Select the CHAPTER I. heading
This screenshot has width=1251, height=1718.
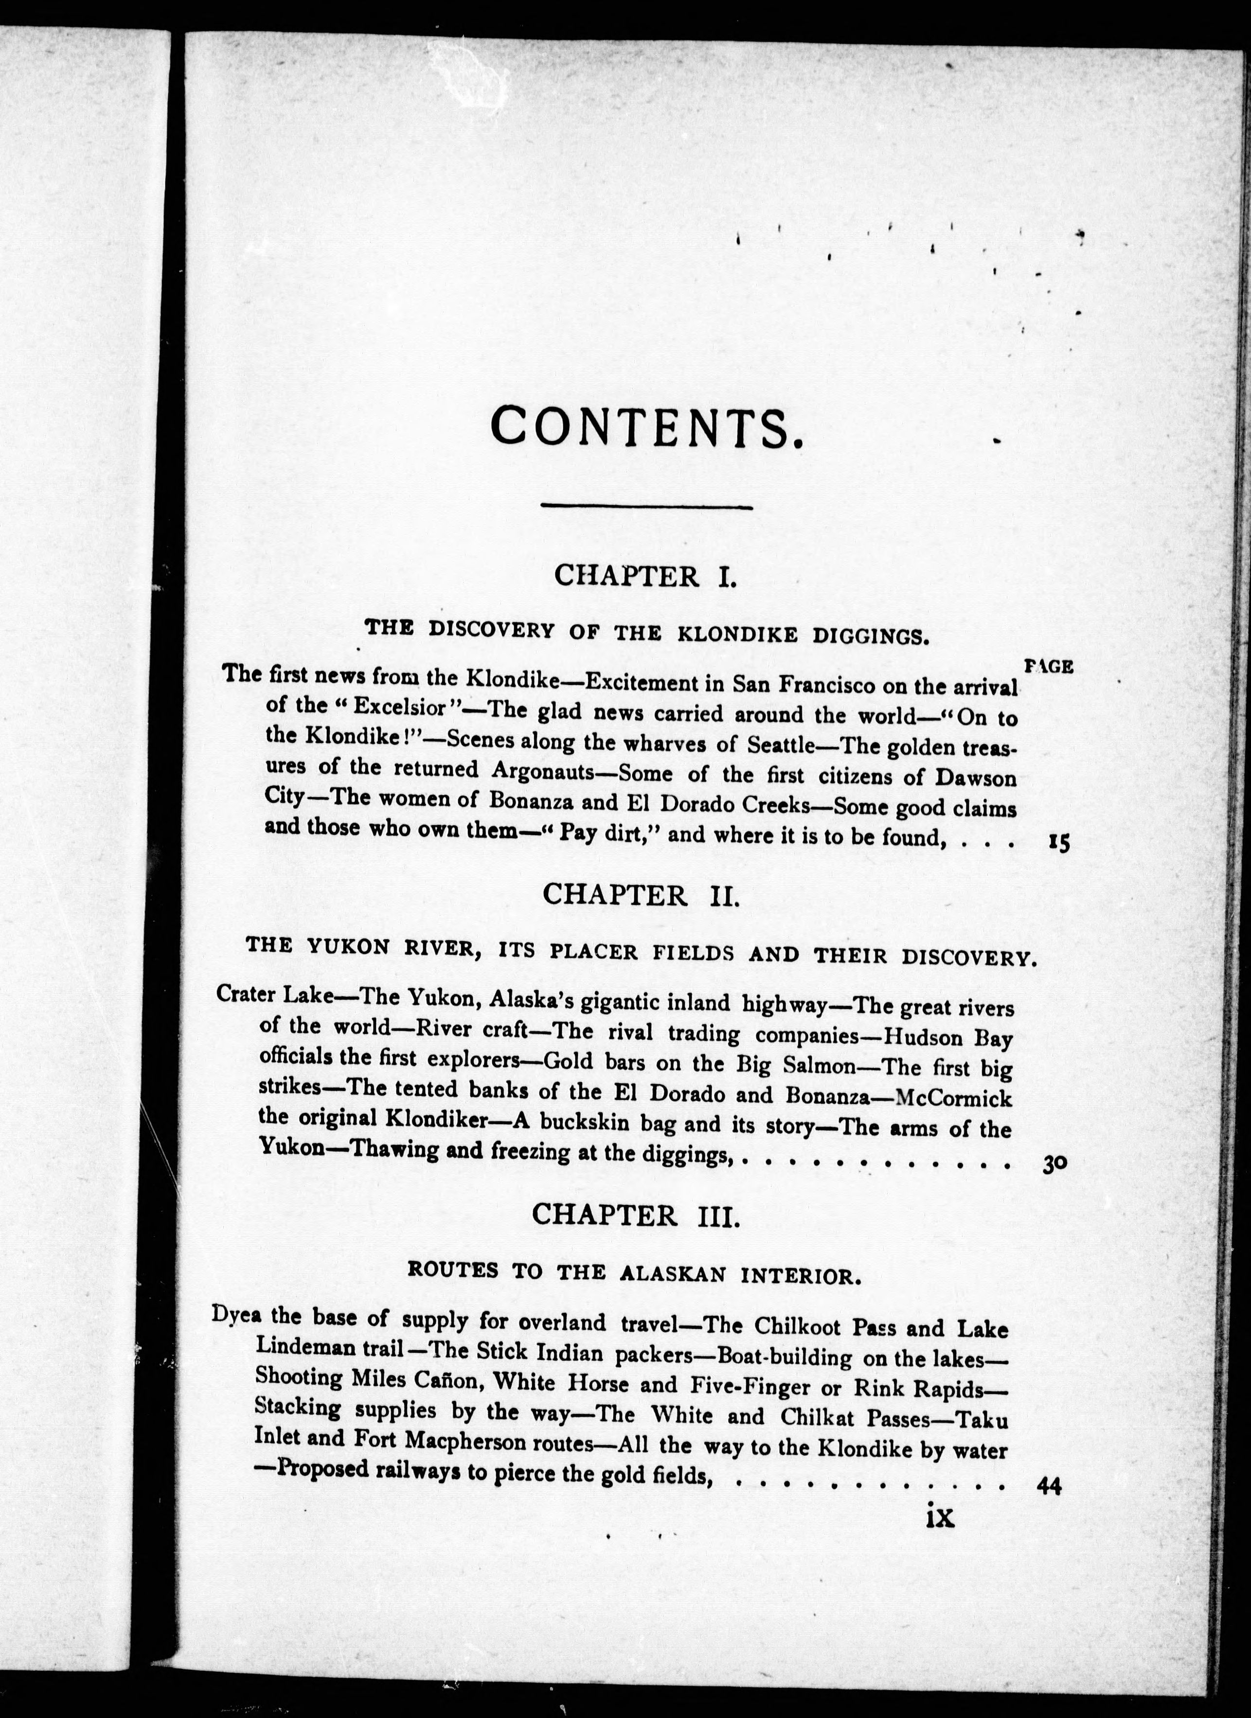click(645, 576)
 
